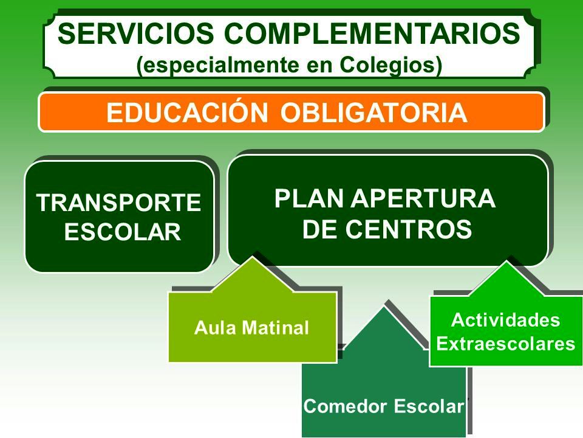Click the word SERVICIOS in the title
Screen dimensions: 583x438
pyautogui.click(x=135, y=33)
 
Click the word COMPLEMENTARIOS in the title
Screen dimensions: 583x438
pyautogui.click(x=372, y=33)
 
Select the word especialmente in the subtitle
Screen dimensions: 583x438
pyautogui.click(x=217, y=66)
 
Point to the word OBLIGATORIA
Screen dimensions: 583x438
pyautogui.click(x=373, y=113)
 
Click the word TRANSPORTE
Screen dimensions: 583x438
pyautogui.click(x=118, y=203)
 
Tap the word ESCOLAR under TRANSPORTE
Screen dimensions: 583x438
pyautogui.click(x=122, y=232)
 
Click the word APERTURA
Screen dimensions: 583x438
pyautogui.click(x=423, y=198)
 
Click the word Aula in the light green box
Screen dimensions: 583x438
pyautogui.click(x=214, y=328)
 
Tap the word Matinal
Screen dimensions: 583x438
pyautogui.click(x=275, y=328)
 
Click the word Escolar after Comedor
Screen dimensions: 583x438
pyautogui.click(x=429, y=406)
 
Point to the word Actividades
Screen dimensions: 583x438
pyautogui.click(x=506, y=321)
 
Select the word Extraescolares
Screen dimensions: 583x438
pyautogui.click(x=506, y=344)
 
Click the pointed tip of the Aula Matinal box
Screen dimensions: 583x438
pyautogui.click(x=253, y=257)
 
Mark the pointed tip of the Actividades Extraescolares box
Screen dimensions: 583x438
pyautogui.click(x=506, y=261)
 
